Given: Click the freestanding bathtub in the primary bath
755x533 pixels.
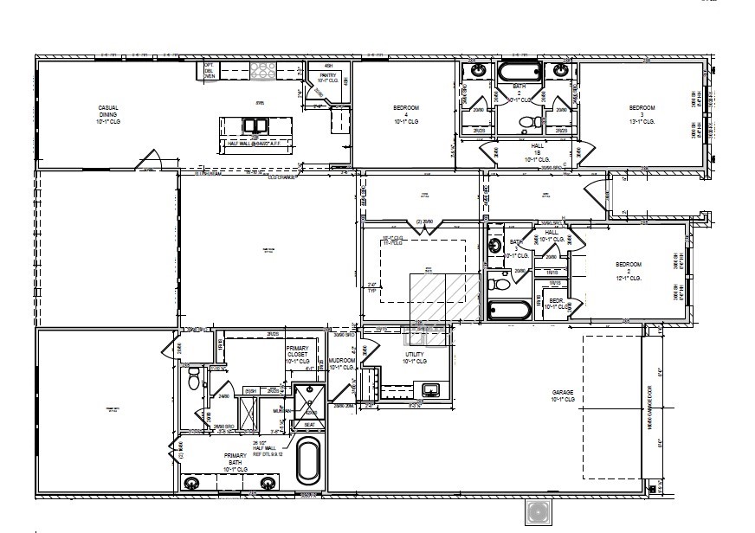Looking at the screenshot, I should (308, 461).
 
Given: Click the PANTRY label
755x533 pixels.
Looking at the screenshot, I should (327, 78).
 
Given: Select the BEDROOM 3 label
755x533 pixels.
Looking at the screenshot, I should (642, 115).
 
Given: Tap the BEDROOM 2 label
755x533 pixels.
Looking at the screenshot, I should (629, 271).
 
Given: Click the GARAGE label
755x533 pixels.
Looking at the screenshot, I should (563, 395).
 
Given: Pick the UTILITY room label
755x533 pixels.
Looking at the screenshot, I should (416, 357).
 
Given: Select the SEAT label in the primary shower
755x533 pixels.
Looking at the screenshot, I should (308, 424).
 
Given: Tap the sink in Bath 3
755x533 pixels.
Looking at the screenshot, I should (495, 246).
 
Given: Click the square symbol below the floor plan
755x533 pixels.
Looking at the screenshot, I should (539, 511).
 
